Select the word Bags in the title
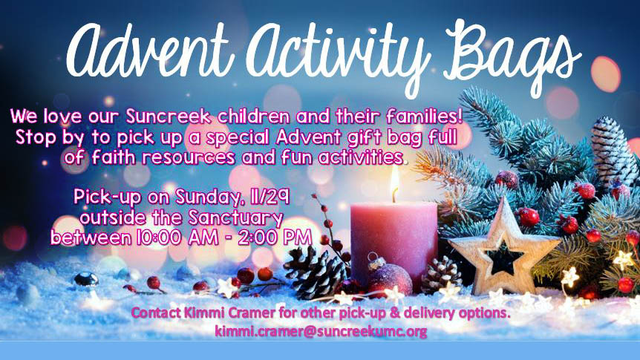[x=514, y=55]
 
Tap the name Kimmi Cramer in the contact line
[x=229, y=313]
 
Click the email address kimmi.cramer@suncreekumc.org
[x=321, y=331]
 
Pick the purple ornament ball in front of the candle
[x=390, y=278]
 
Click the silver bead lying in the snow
[x=85, y=280]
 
